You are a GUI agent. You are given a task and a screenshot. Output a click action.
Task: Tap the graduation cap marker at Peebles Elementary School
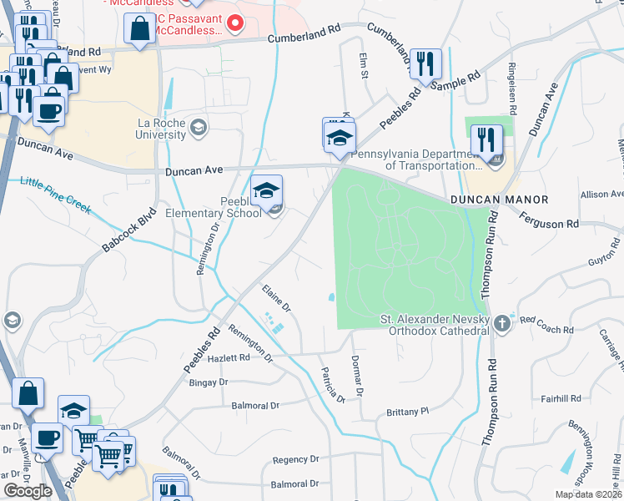point(267,192)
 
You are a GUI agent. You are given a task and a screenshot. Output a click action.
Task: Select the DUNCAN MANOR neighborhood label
point(499,200)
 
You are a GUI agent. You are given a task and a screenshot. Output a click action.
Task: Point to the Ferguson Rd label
point(549,224)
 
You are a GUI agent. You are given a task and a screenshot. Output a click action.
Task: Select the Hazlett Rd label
point(228,357)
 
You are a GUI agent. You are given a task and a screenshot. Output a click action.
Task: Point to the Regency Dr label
point(296,459)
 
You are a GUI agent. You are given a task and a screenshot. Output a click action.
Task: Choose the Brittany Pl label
point(407,412)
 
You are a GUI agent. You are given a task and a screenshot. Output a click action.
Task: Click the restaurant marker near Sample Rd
point(425,65)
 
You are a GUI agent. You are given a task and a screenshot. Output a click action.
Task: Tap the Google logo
point(28,491)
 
